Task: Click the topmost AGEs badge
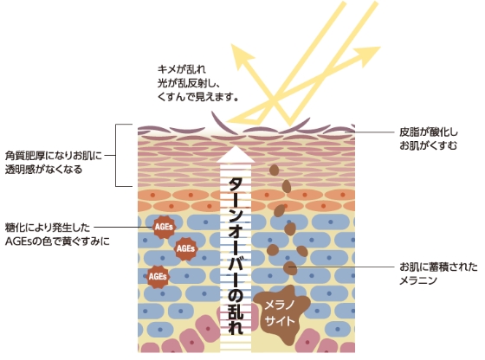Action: coord(164,227)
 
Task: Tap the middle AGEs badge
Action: coord(186,248)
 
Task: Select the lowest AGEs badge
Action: coord(158,276)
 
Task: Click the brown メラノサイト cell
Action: coord(281,314)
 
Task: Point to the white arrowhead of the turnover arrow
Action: coord(236,154)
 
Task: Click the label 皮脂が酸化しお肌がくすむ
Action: coord(429,138)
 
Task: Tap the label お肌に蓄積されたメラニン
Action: coord(438,273)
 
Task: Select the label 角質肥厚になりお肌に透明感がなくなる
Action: coord(53,162)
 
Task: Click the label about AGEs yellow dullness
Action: coord(57,235)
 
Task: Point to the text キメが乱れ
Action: coord(182,68)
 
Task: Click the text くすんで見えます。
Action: coord(198,97)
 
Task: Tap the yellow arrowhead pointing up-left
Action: coord(242,55)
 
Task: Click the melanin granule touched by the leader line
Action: coord(290,268)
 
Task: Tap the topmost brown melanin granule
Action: coord(274,170)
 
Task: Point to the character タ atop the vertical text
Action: coord(236,186)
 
